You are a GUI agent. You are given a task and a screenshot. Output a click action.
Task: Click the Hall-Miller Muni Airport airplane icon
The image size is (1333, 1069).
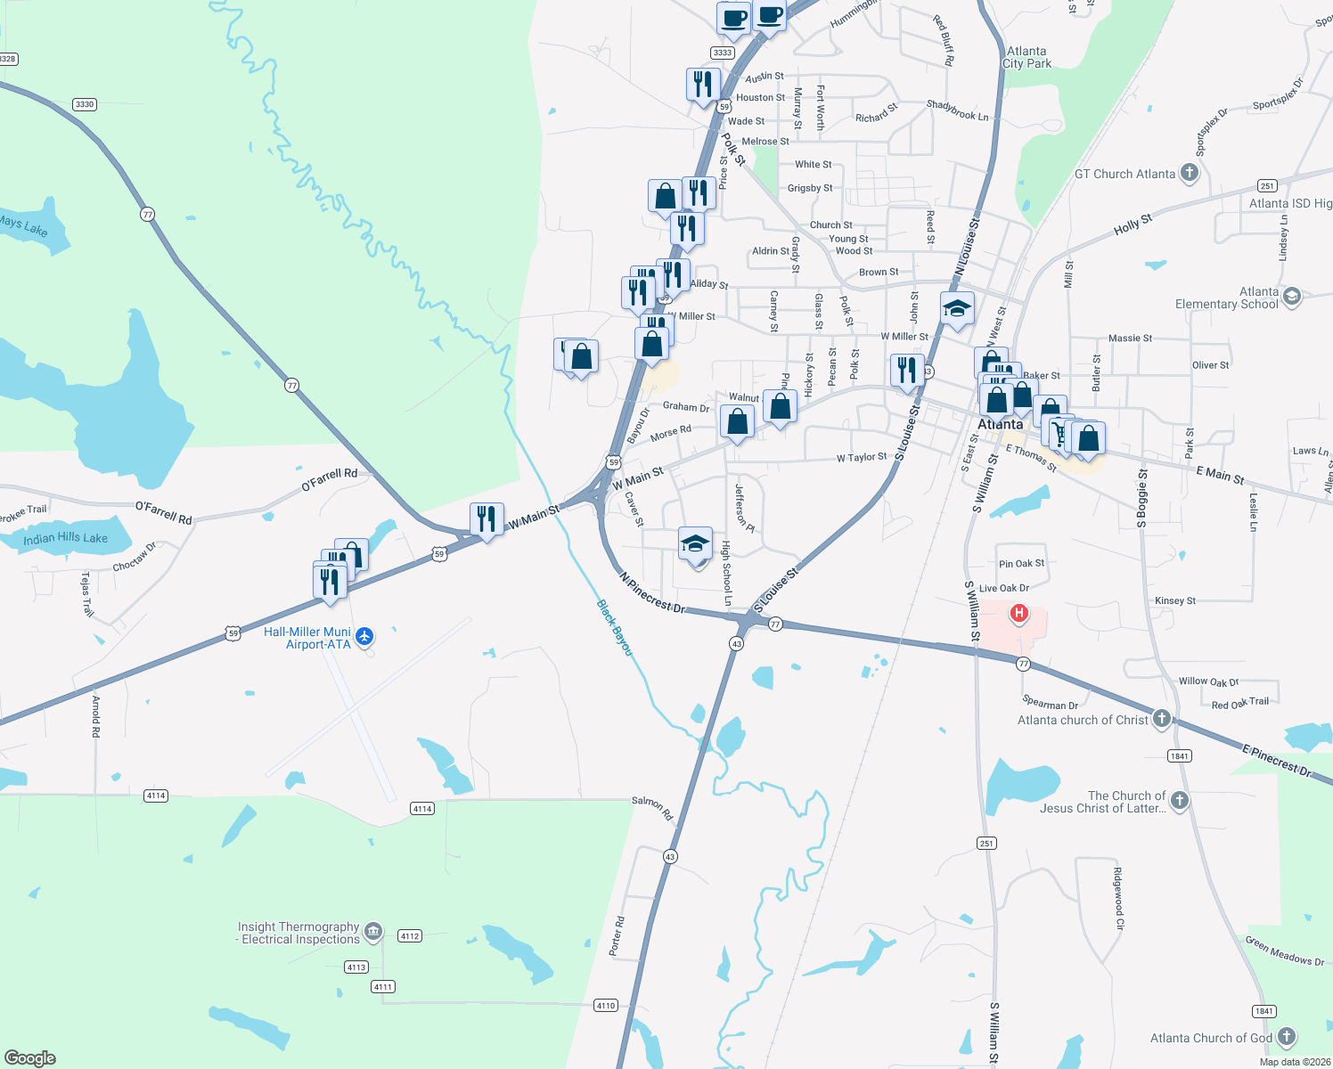pyautogui.click(x=364, y=637)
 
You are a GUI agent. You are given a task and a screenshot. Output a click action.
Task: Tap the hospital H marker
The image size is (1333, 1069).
pyautogui.click(x=1018, y=614)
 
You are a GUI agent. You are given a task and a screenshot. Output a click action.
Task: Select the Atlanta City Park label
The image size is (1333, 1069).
pyautogui.click(x=1026, y=58)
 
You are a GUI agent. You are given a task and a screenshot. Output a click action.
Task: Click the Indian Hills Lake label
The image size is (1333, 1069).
pyautogui.click(x=65, y=538)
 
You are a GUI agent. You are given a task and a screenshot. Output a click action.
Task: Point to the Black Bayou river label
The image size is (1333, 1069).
pyautogui.click(x=614, y=628)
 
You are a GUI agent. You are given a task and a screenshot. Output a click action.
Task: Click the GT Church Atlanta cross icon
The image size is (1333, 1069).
pyautogui.click(x=1189, y=173)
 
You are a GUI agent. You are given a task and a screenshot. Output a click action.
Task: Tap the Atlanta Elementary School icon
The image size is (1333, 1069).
pyautogui.click(x=1292, y=297)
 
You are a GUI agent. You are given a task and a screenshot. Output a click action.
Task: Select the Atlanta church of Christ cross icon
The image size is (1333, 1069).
pyautogui.click(x=1161, y=719)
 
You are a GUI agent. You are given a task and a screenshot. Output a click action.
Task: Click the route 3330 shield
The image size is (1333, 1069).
pyautogui.click(x=85, y=104)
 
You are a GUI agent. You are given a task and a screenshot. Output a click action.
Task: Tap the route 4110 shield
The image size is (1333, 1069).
pyautogui.click(x=606, y=1005)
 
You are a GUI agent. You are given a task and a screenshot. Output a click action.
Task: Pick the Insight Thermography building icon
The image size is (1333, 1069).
pyautogui.click(x=373, y=932)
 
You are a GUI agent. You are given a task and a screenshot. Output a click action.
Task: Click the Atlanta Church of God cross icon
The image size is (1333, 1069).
pyautogui.click(x=1286, y=1037)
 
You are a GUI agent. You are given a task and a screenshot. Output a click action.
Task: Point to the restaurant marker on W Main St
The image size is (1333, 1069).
pyautogui.click(x=487, y=519)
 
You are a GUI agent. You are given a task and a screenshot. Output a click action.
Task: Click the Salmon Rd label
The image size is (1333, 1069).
pyautogui.click(x=652, y=808)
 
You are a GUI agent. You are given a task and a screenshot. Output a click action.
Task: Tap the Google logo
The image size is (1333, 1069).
pyautogui.click(x=29, y=1058)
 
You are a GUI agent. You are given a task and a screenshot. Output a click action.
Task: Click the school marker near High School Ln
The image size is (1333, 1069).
pyautogui.click(x=695, y=544)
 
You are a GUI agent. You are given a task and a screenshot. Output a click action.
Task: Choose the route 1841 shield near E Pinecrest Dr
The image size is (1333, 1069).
pyautogui.click(x=1179, y=756)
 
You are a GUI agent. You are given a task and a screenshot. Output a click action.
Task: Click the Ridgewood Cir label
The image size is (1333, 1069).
pyautogui.click(x=1119, y=898)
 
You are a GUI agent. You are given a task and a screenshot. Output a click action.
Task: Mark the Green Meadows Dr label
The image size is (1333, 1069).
pyautogui.click(x=1284, y=951)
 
